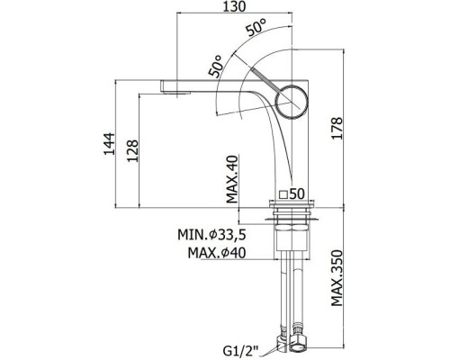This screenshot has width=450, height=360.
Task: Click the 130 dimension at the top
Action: pos(234,6)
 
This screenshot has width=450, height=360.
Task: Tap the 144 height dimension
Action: pos(109,144)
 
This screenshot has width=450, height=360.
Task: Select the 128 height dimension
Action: pos(132,151)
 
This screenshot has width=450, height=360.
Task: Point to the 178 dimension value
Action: pos(337,128)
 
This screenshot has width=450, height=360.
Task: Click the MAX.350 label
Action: pos(337,278)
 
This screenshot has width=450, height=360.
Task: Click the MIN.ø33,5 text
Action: pos(211,235)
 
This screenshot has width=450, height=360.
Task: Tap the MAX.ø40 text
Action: pos(217,253)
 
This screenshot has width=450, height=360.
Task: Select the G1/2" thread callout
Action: pos(240,350)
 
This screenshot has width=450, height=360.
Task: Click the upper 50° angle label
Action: pos(256,28)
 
